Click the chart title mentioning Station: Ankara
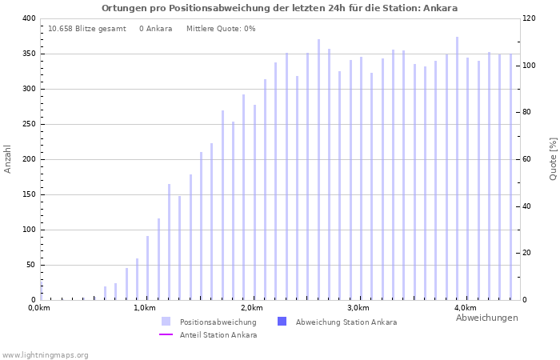pyautogui.click(x=280, y=8)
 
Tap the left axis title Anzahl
pyautogui.click(x=8, y=158)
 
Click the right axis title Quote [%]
pyautogui.click(x=553, y=158)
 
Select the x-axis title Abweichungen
pyautogui.click(x=486, y=318)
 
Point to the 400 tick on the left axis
pyautogui.click(x=28, y=18)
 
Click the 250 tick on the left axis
pyautogui.click(x=28, y=124)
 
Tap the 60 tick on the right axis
pyautogui.click(x=529, y=159)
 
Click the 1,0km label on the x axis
pyautogui.click(x=145, y=308)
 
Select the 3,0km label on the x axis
pyautogui.click(x=358, y=308)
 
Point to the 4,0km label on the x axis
pyautogui.click(x=465, y=308)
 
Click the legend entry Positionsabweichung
pyautogui.click(x=218, y=322)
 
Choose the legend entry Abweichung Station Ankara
pyautogui.click(x=346, y=322)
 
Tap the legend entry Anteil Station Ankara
pyautogui.click(x=218, y=335)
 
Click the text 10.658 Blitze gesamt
pyautogui.click(x=86, y=29)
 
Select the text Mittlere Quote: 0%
pyautogui.click(x=221, y=29)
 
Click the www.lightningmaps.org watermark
pyautogui.click(x=46, y=354)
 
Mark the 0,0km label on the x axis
pyautogui.click(x=39, y=308)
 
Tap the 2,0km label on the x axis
pyautogui.click(x=251, y=308)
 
